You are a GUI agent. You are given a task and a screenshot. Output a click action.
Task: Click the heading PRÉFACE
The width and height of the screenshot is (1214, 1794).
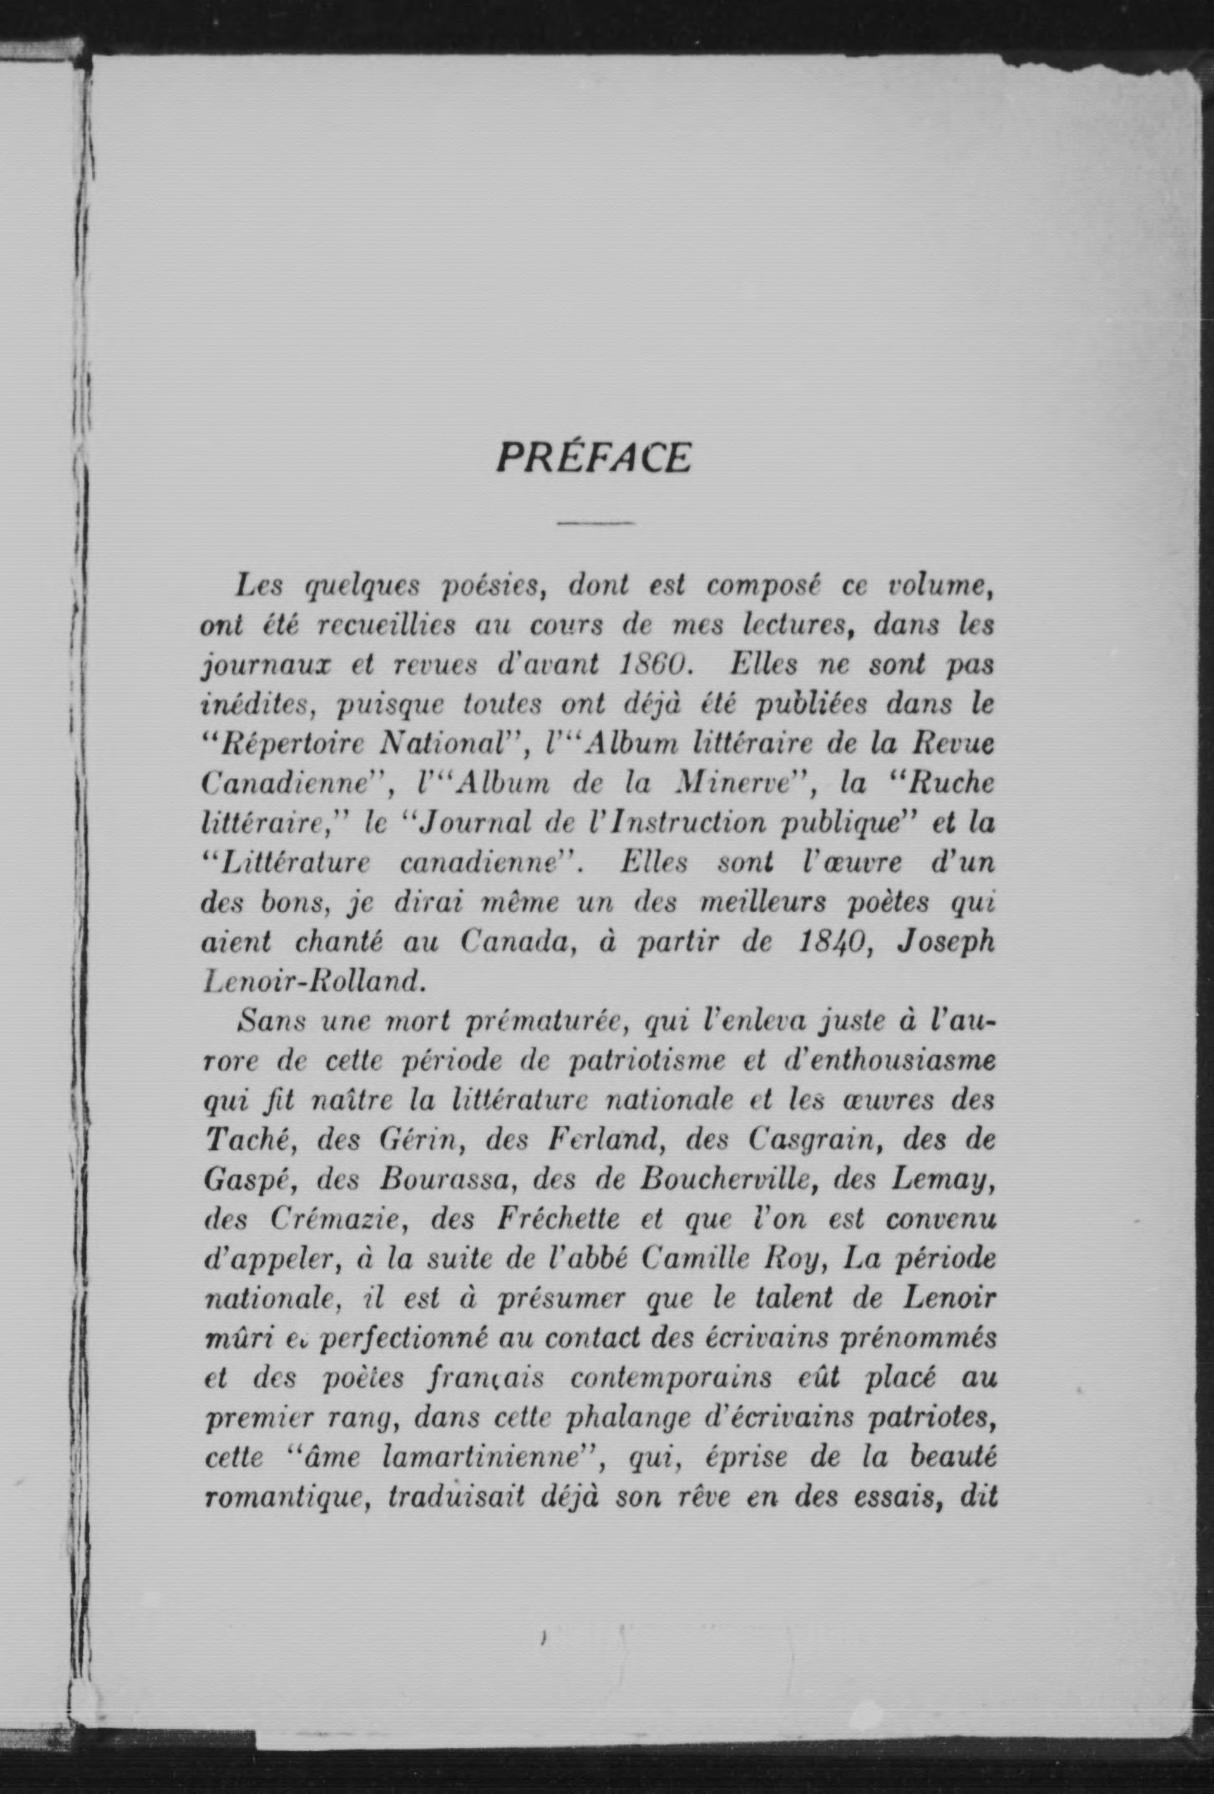point(593,458)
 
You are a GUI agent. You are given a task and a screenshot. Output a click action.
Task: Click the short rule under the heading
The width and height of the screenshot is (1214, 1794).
point(595,524)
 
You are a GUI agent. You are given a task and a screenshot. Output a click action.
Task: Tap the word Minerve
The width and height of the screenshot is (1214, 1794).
point(738,784)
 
